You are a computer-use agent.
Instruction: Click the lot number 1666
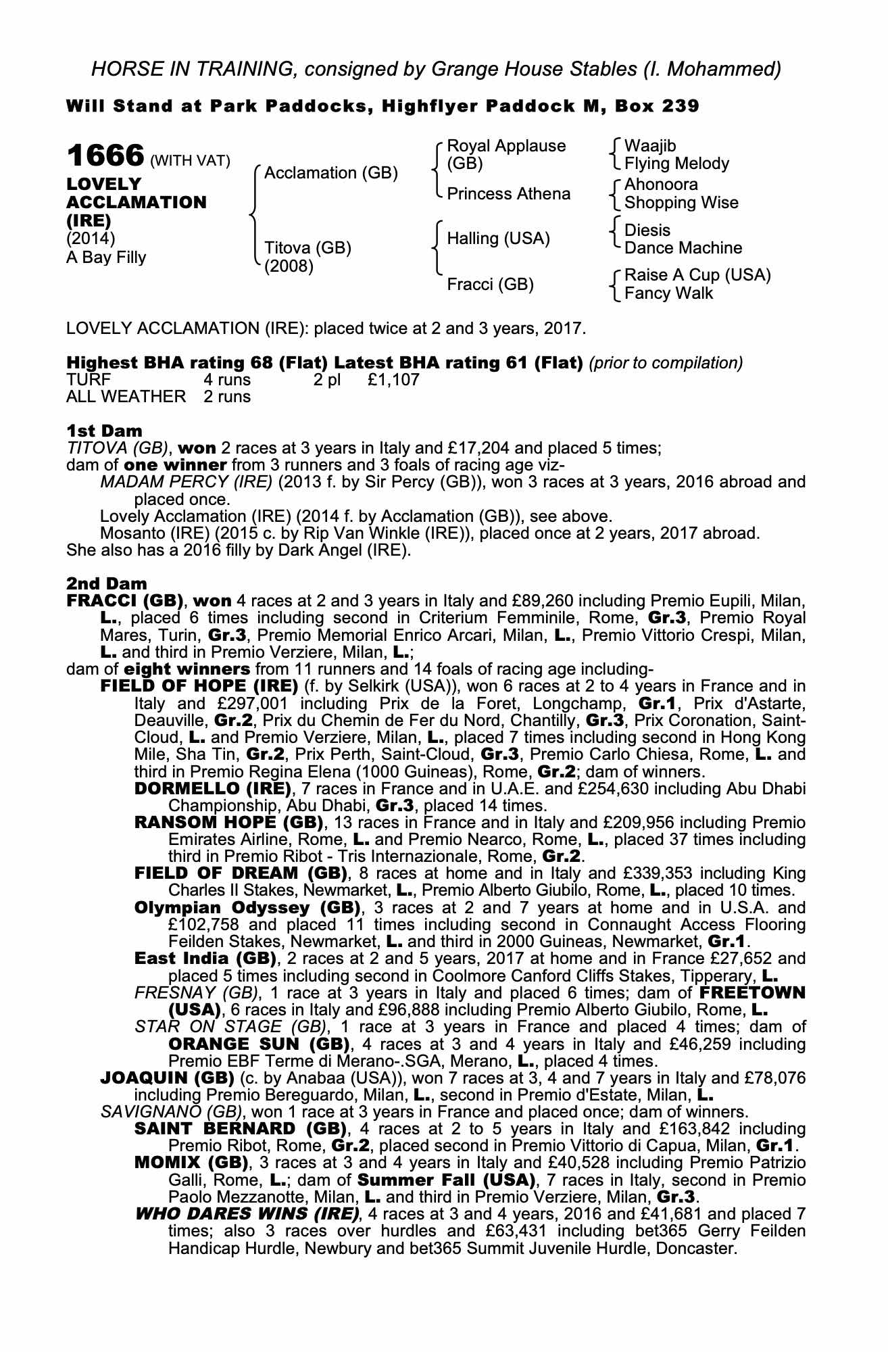pos(105,156)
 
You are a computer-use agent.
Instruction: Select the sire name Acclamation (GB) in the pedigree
pos(330,173)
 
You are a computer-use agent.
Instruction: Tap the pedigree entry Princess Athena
pos(509,194)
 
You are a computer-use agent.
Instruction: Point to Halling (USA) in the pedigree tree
pos(499,239)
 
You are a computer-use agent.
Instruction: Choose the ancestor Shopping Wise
pos(681,203)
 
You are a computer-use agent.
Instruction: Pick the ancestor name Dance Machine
pos(683,248)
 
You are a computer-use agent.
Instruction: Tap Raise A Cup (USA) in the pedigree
pos(697,275)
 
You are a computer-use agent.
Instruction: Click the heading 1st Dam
pos(104,431)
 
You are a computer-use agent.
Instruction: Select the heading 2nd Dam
pos(106,583)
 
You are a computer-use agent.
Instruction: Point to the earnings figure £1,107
pos(393,380)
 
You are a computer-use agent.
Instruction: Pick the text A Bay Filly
pos(106,258)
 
